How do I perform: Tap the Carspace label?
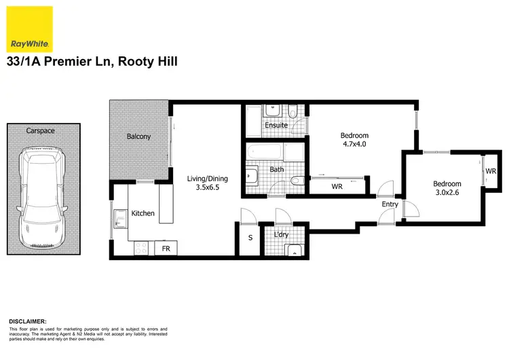click(40, 130)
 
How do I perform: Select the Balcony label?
click(139, 137)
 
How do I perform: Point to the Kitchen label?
click(143, 213)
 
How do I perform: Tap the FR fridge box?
click(166, 249)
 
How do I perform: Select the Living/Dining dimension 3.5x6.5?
click(207, 188)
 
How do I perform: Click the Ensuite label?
click(276, 125)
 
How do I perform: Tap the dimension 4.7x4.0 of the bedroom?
click(354, 144)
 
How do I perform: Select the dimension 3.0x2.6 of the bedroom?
click(447, 193)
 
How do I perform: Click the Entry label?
click(390, 204)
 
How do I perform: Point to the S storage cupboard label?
click(250, 238)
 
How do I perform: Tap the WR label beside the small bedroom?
click(491, 170)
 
